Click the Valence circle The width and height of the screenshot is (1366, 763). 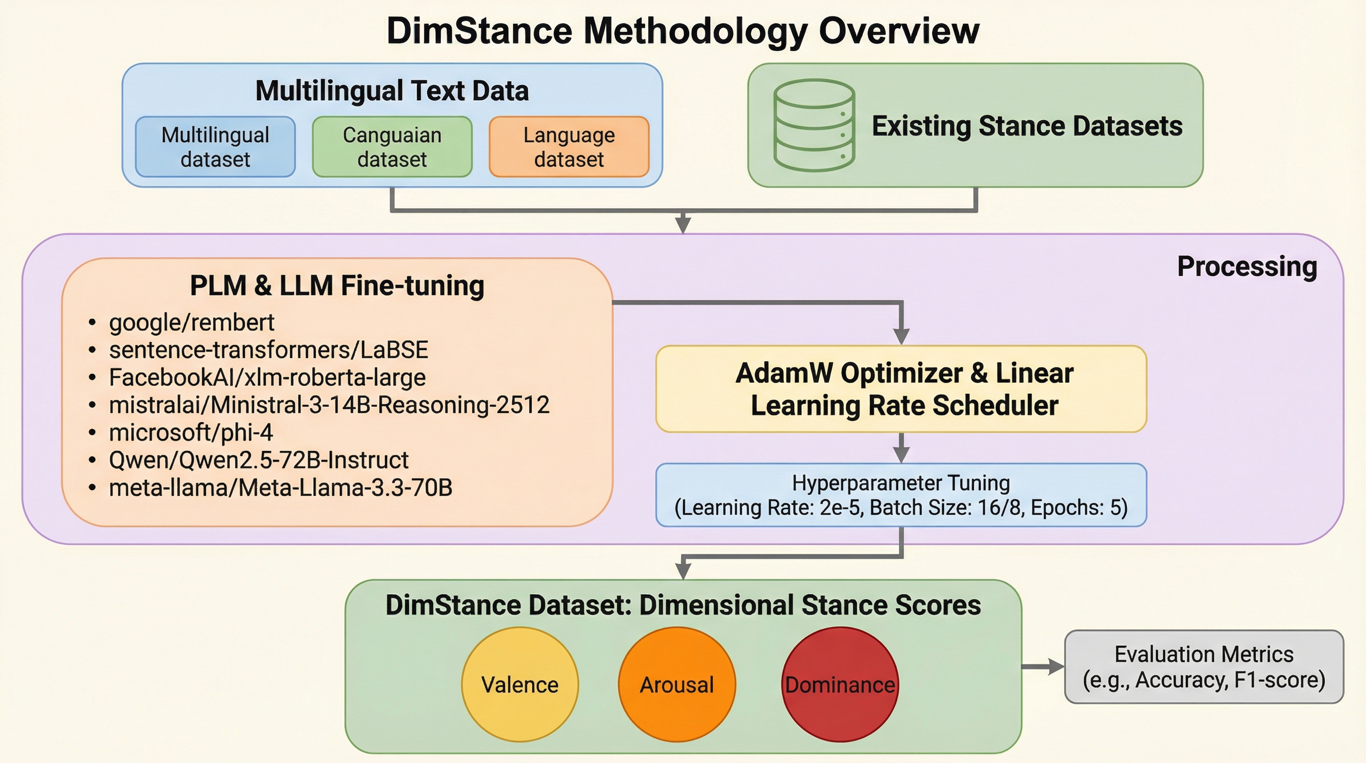[520, 685]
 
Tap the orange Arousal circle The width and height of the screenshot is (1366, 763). [677, 685]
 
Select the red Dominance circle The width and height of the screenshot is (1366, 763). [840, 685]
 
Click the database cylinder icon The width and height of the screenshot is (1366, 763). [814, 125]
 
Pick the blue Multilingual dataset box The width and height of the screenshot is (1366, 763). [215, 147]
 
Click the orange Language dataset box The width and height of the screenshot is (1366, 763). [569, 147]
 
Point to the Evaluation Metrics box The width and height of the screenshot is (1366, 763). [1204, 667]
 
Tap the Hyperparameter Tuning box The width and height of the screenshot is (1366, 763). [901, 495]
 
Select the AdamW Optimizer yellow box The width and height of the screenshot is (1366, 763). [901, 389]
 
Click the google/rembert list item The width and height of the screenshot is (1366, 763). [192, 322]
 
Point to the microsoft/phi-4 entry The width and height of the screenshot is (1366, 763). [191, 433]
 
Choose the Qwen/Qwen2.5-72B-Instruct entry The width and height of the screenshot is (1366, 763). [258, 460]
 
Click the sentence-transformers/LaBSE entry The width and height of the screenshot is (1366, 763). [269, 350]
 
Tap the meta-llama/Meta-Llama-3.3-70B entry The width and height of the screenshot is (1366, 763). [280, 488]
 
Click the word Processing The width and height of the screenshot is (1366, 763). [1247, 266]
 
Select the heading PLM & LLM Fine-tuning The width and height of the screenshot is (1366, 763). [337, 286]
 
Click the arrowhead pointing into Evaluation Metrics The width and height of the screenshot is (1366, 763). [1055, 667]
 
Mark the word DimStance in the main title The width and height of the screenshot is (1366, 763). [479, 31]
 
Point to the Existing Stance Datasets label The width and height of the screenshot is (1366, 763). [1027, 126]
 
